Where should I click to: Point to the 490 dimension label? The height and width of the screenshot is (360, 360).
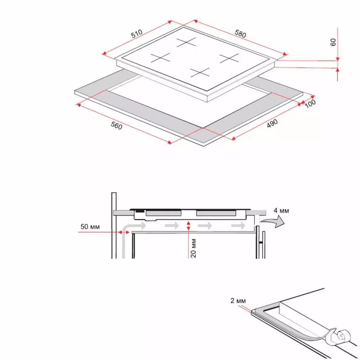click(x=272, y=123)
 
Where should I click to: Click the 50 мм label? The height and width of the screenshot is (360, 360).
click(x=90, y=227)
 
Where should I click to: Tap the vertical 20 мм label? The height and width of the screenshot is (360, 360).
click(x=193, y=247)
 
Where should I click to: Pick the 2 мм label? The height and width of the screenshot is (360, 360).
click(x=238, y=301)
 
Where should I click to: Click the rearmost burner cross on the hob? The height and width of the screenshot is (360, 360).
click(x=186, y=43)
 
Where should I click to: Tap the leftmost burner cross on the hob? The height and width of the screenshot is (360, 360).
click(x=161, y=57)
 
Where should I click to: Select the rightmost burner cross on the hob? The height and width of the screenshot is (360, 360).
click(x=229, y=58)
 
